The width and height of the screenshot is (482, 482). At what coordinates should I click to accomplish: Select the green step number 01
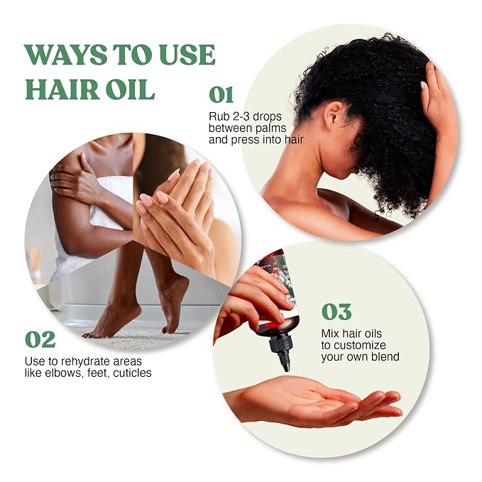[221, 94]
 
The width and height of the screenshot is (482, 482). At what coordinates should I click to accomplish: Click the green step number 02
[40, 339]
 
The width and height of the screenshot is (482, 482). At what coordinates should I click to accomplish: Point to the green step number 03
[336, 312]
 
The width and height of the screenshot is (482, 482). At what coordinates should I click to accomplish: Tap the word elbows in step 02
[65, 373]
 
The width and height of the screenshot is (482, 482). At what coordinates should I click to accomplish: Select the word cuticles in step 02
[132, 373]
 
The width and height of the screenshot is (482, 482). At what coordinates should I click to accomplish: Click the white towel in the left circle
[102, 215]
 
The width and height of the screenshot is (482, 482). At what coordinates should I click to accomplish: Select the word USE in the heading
[187, 55]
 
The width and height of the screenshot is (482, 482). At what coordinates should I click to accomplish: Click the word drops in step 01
[267, 117]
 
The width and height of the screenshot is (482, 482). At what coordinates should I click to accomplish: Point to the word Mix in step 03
[330, 334]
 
